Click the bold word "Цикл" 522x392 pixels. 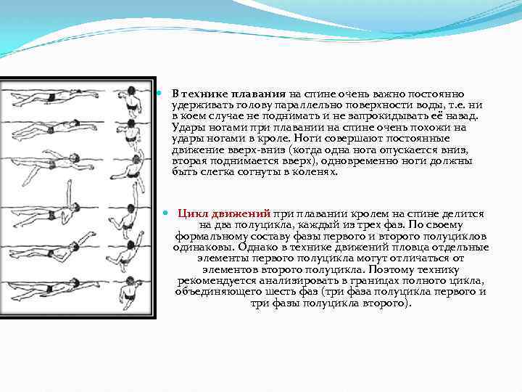click(194, 214)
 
